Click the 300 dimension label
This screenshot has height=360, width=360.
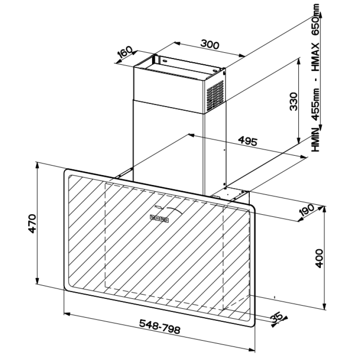coord(210,45)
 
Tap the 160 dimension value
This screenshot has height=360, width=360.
coord(126,52)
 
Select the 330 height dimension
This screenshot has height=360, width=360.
coord(293,101)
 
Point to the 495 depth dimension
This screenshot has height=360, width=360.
coord(248,141)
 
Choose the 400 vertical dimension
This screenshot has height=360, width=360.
coord(319,258)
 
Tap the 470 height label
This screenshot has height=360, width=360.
coord(32,223)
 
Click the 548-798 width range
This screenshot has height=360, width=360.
coord(160,326)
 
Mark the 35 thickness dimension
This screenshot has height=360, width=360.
coord(276,318)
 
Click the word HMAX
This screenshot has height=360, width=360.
coord(316,57)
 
